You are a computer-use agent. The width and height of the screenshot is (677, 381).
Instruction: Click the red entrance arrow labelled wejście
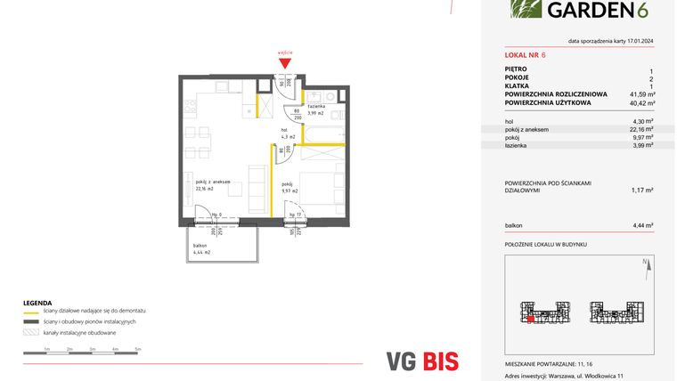click(x=285, y=61)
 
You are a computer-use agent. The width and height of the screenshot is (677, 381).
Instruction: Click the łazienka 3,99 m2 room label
click(x=316, y=110)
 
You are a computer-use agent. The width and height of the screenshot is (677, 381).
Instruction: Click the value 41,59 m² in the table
click(x=641, y=93)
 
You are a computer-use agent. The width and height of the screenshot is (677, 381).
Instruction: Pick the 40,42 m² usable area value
click(x=641, y=102)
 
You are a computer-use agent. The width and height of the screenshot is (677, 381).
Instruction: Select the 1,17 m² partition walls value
click(x=642, y=190)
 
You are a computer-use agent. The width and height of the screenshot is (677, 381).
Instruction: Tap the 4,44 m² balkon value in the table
click(x=642, y=225)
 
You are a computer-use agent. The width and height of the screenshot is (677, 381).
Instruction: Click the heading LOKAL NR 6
click(x=526, y=54)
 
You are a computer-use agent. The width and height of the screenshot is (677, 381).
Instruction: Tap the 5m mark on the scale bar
click(x=138, y=350)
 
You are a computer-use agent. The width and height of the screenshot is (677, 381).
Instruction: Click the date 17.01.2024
click(x=634, y=41)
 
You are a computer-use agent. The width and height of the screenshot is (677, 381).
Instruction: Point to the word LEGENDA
click(x=37, y=303)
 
